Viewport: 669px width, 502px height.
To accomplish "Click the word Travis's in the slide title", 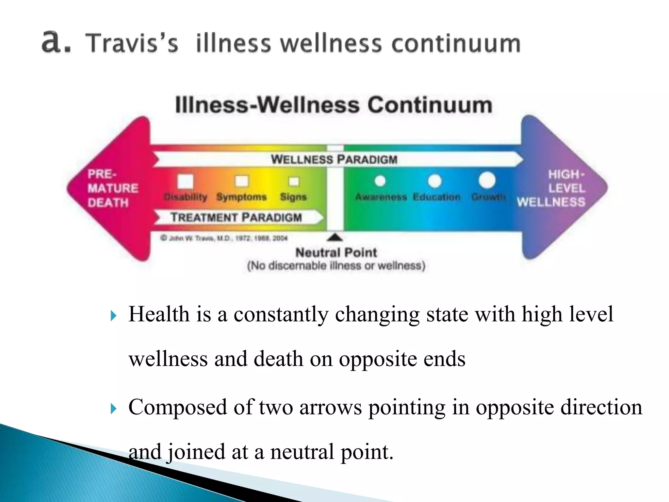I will point(132,43).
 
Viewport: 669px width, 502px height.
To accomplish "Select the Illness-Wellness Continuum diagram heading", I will point(334,105).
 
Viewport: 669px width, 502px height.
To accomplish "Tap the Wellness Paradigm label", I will point(334,159).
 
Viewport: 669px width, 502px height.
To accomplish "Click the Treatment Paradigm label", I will point(236,217).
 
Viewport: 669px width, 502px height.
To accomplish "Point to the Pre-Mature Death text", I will point(113,188).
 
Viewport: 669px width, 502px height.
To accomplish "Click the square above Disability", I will point(185,181).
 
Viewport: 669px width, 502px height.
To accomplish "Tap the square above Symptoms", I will point(242,181).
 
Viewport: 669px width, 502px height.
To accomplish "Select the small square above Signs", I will point(294,181).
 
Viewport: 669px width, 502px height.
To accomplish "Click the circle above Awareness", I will point(380,181).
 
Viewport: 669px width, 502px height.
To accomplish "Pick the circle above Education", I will point(435,181).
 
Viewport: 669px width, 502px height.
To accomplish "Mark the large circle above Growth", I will point(487,180).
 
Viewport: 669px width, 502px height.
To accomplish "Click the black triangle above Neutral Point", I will point(335,237).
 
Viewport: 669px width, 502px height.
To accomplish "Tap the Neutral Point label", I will point(336,253).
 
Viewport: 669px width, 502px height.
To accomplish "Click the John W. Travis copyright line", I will point(224,238).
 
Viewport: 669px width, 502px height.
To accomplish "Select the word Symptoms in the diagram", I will point(241,197).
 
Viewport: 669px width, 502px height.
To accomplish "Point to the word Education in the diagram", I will point(436,197).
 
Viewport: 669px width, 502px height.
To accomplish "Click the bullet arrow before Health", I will point(113,316).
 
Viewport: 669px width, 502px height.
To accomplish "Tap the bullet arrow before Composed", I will point(113,409).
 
